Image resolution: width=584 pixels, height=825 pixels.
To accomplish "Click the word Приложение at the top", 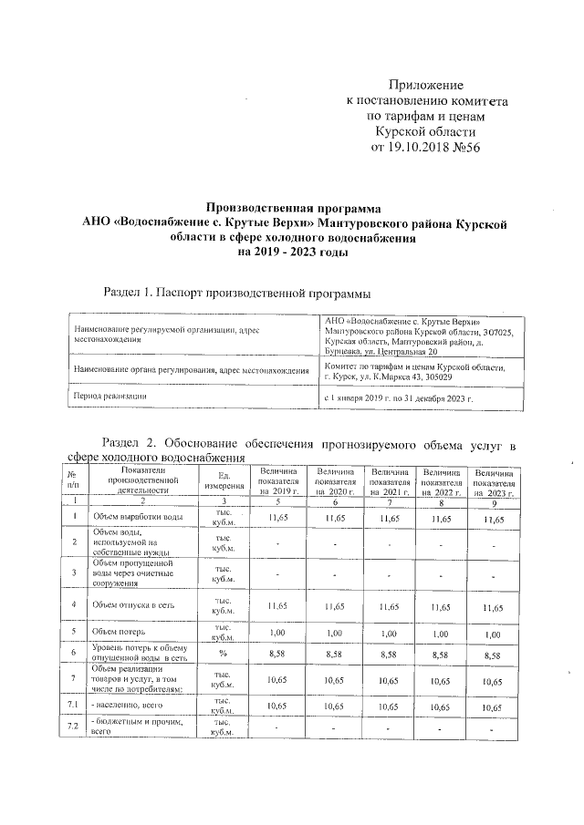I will coord(426,84).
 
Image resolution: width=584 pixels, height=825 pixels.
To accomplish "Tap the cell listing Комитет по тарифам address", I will coord(415,372).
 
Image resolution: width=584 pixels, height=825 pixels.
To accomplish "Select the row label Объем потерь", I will coord(116,631).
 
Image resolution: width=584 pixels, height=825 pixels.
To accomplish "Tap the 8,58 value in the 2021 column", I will coord(390,654).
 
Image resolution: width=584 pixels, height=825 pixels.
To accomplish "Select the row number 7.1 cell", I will coord(71,706).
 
